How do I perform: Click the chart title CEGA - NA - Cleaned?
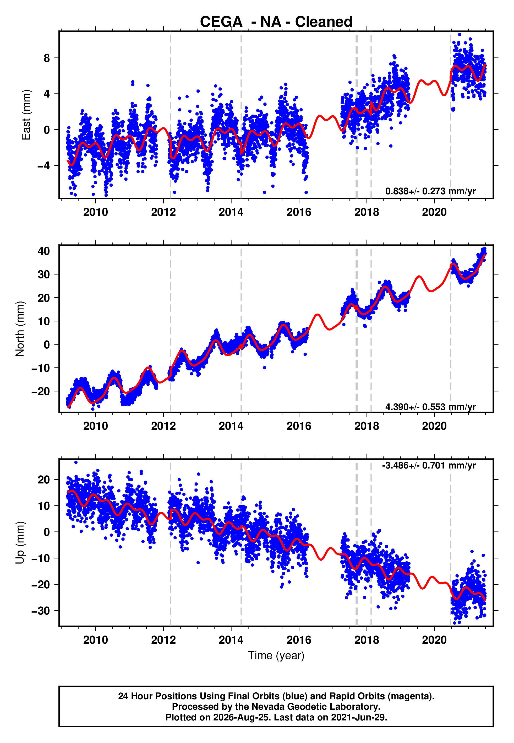[x=276, y=22]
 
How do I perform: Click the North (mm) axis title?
[x=20, y=329]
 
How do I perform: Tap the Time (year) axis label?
[x=276, y=656]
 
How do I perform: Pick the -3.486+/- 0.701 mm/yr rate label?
[x=429, y=466]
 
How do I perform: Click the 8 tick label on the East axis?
[x=47, y=58]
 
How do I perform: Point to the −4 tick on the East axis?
[x=43, y=166]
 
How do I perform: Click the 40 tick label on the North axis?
[x=44, y=251]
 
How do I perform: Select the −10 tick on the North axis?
[x=41, y=368]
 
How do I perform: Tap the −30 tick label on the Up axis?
[x=41, y=611]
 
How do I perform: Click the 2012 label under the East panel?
[x=163, y=212]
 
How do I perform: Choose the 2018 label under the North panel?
[x=367, y=426]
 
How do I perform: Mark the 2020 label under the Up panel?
[x=434, y=640]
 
